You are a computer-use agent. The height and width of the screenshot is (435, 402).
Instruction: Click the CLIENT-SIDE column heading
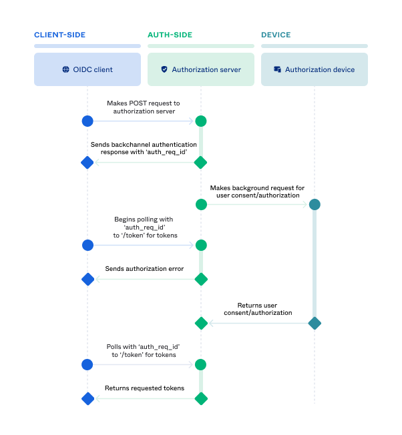pyautogui.click(x=60, y=35)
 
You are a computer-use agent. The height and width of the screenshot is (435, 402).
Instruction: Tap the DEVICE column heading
pyautogui.click(x=276, y=35)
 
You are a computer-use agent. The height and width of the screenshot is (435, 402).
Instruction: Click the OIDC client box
pyautogui.click(x=87, y=69)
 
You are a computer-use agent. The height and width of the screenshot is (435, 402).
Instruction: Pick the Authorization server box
pyautogui.click(x=201, y=69)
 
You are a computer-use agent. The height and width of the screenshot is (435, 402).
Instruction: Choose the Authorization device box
pyautogui.click(x=315, y=69)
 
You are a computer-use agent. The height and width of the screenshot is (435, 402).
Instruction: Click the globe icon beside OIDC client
pyautogui.click(x=65, y=69)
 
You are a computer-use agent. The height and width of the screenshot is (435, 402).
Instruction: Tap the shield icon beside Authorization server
pyautogui.click(x=164, y=69)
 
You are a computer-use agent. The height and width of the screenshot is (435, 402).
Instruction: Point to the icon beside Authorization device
pyautogui.click(x=277, y=69)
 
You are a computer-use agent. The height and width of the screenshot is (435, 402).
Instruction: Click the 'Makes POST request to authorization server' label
pyautogui.click(x=144, y=107)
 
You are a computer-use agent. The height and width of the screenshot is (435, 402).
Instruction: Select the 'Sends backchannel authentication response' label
pyautogui.click(x=144, y=148)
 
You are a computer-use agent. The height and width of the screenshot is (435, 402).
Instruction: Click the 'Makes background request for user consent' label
pyautogui.click(x=257, y=192)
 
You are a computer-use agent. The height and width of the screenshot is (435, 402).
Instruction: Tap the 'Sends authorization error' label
pyautogui.click(x=144, y=269)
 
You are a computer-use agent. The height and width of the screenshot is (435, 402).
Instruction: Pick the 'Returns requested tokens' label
pyautogui.click(x=144, y=388)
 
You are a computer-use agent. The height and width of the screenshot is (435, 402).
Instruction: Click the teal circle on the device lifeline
pyautogui.click(x=315, y=204)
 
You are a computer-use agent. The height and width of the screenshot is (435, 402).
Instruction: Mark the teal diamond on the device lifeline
pyautogui.click(x=315, y=324)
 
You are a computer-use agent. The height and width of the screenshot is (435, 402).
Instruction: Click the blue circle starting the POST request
pyautogui.click(x=87, y=121)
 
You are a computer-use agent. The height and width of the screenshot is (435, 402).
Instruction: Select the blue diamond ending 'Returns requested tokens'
pyautogui.click(x=87, y=399)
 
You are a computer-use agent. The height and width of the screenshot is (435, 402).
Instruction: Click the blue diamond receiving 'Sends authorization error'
pyautogui.click(x=87, y=279)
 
